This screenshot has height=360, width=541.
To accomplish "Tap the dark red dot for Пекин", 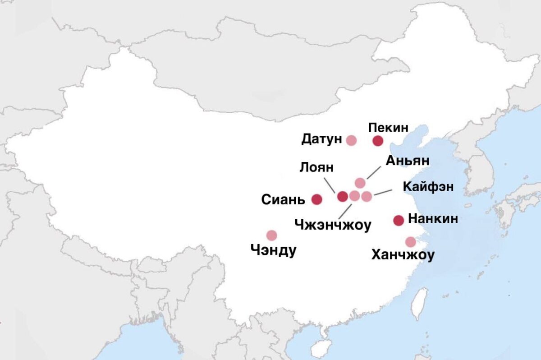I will [378, 141].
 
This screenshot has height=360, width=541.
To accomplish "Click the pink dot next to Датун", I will [351, 140].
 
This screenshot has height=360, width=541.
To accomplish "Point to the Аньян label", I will [408, 161].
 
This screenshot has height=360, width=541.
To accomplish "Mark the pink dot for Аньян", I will [360, 183].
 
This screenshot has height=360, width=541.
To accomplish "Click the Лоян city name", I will [316, 167].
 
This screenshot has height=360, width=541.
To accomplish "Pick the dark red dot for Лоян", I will [343, 196].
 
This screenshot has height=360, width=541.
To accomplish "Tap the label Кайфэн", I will [428, 187].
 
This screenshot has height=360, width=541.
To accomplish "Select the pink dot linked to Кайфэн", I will [367, 196].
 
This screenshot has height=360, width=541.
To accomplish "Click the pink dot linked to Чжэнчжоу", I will [354, 196].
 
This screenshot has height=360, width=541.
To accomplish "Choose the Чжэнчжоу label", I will [333, 224].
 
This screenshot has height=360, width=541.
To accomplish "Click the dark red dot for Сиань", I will [317, 199].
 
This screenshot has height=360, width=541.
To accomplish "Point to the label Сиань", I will [283, 199].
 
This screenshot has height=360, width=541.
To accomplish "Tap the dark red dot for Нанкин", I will [399, 220].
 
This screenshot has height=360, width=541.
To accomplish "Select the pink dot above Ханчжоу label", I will [410, 242].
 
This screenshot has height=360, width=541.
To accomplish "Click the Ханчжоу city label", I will [403, 255].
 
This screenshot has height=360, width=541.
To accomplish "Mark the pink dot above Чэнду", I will [271, 235].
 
